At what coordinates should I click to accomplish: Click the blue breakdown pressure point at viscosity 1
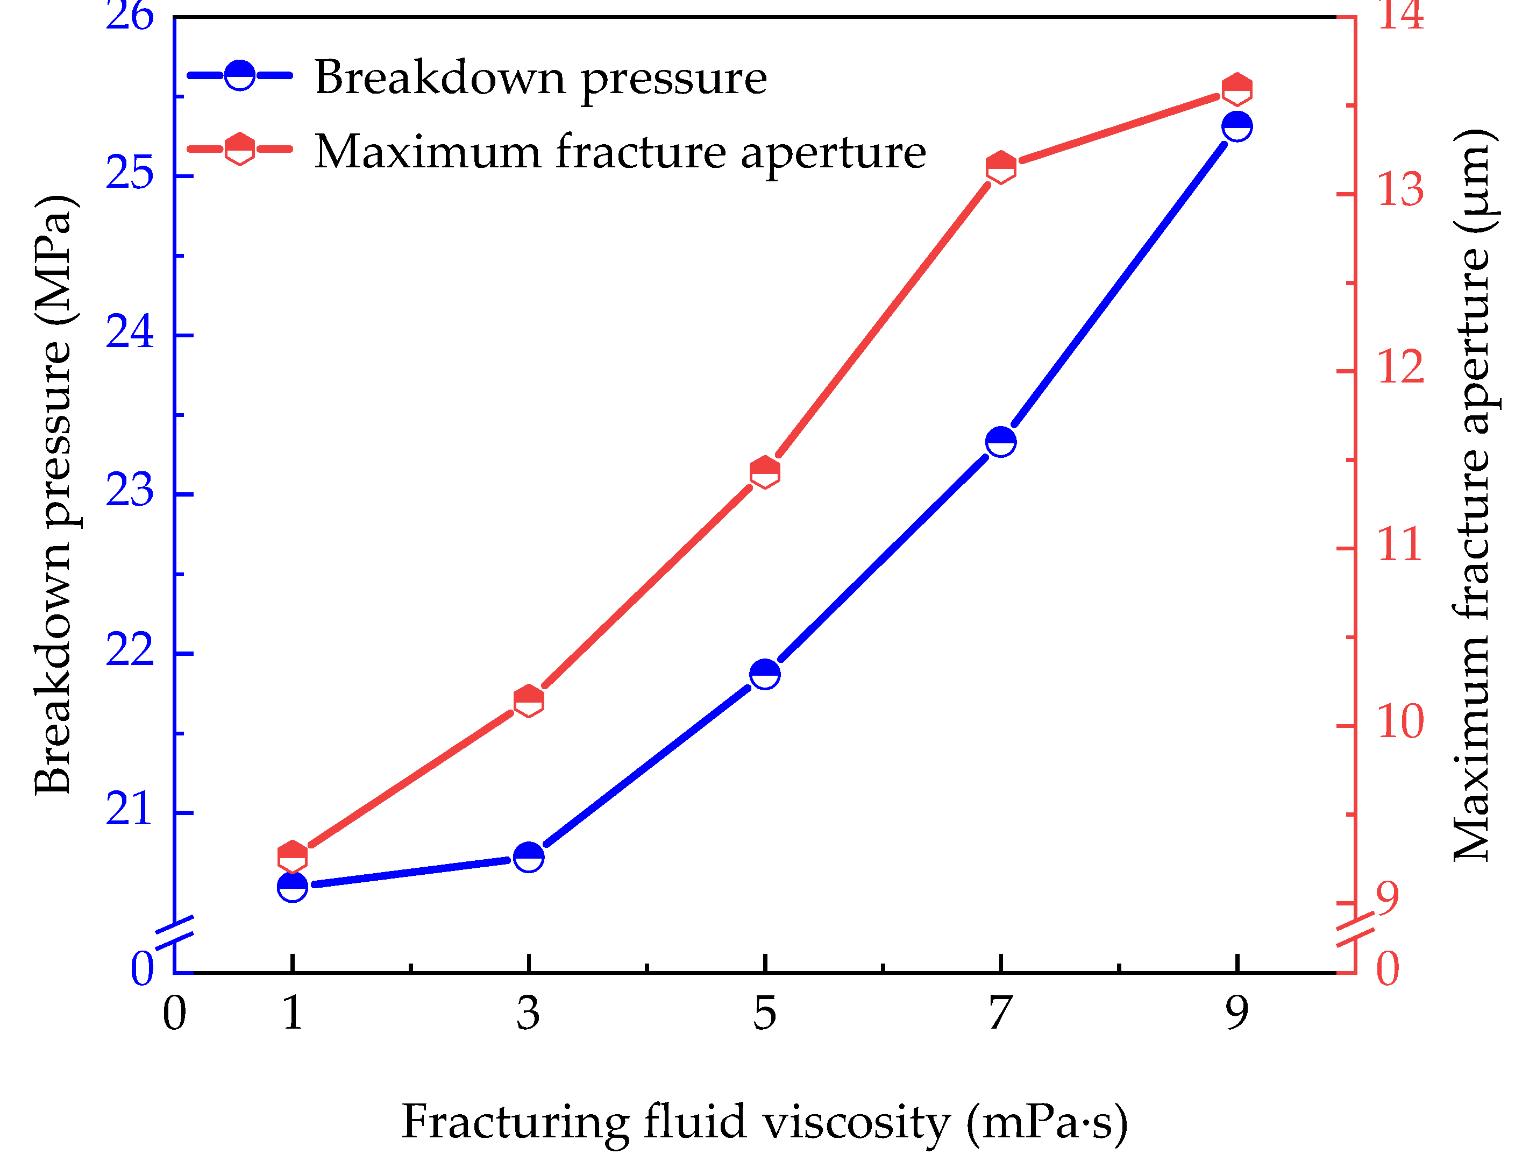pos(292,887)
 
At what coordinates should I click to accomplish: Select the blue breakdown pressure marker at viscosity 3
pos(529,857)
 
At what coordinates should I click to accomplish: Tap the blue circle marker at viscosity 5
pos(765,674)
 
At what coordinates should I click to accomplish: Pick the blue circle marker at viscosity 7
pos(1000,442)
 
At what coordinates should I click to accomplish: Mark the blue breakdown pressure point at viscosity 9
pos(1236,126)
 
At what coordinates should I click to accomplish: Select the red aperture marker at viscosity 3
pos(529,702)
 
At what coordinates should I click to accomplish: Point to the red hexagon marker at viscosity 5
pos(765,472)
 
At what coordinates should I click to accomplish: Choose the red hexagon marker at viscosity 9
pos(1236,89)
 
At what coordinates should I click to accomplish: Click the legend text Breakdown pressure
pos(540,78)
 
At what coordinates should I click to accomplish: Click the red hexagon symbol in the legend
pos(240,148)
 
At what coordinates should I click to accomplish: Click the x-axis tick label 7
pos(1000,1014)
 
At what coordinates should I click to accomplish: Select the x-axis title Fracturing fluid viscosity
pos(764,1122)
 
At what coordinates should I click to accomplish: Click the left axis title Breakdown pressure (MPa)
pos(53,494)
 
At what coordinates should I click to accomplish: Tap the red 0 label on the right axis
pos(1387,969)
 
